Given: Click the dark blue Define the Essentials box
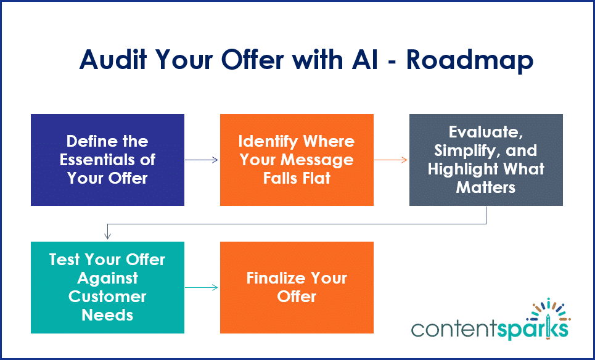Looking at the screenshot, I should tap(107, 160).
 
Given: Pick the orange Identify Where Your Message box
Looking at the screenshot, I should tap(297, 160).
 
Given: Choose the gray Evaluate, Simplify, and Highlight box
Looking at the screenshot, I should tap(486, 160).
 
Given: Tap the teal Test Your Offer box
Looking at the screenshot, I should tap(107, 287).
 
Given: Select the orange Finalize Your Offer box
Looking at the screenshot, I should tap(297, 287).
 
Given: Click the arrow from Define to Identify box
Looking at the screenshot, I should tap(202, 160).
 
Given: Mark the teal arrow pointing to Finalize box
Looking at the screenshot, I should tap(202, 287).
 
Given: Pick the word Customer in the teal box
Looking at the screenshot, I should tap(107, 297).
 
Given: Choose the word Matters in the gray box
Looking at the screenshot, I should tap(486, 187).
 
